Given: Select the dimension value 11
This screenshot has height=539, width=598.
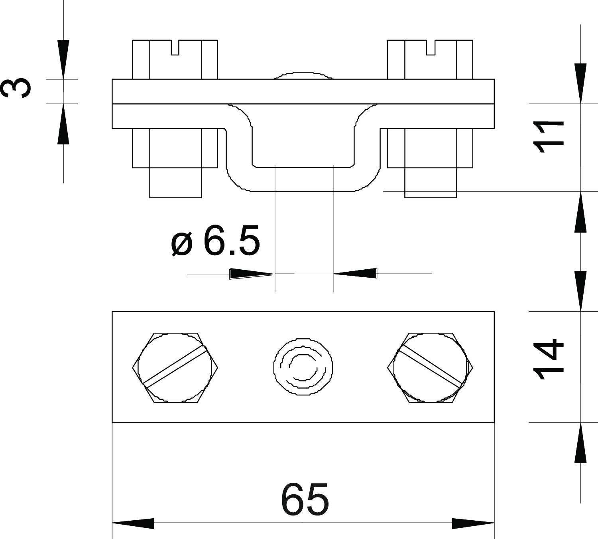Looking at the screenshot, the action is point(548,137).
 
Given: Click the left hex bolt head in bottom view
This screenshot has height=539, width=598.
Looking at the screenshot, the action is point(175,368).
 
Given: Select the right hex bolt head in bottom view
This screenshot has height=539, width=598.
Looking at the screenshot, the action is point(430,368).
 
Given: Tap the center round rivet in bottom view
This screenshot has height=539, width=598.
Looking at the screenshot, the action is point(303,367).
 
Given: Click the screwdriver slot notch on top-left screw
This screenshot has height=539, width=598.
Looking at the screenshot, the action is point(175,47).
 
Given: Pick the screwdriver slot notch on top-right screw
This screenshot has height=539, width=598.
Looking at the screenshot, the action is point(430,47).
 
